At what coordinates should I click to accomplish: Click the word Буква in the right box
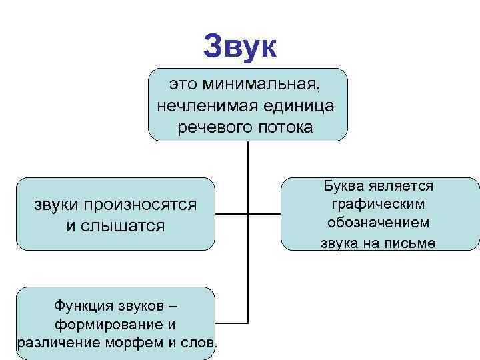coord(345,185)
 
